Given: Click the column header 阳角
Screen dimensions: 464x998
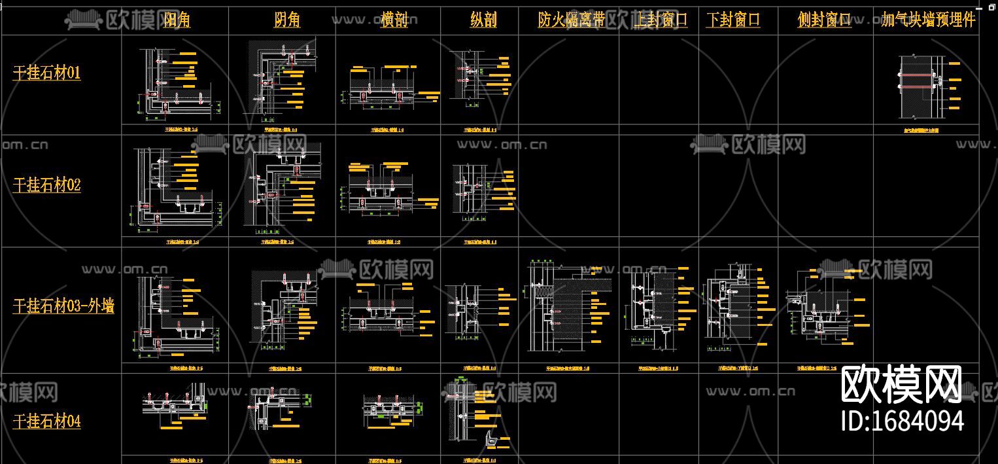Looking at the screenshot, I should pos(177,20).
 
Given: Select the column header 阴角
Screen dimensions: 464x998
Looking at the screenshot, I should pos(287,20).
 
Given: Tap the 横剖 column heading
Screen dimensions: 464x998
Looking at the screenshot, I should pos(394,20).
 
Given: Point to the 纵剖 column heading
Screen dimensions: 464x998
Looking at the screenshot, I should pos(483,20).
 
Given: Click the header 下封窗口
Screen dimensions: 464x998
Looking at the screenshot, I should pos(733,20).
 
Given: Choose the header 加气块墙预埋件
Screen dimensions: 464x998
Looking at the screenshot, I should pos(928,20).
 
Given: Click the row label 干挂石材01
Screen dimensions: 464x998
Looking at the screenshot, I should pos(47,73).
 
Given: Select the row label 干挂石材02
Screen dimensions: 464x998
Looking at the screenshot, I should pos(47,185).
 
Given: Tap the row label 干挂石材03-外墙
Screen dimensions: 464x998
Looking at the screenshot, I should pos(63,306).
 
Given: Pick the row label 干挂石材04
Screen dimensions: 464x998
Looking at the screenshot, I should pos(47,421).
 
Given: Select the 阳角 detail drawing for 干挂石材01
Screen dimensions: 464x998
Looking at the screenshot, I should pos(177,82).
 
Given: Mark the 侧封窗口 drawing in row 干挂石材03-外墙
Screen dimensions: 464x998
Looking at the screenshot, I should pos(825,308).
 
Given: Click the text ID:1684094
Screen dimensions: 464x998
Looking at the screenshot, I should pos(903,421).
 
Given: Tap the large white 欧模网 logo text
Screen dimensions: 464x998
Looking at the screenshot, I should pos(901,385).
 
